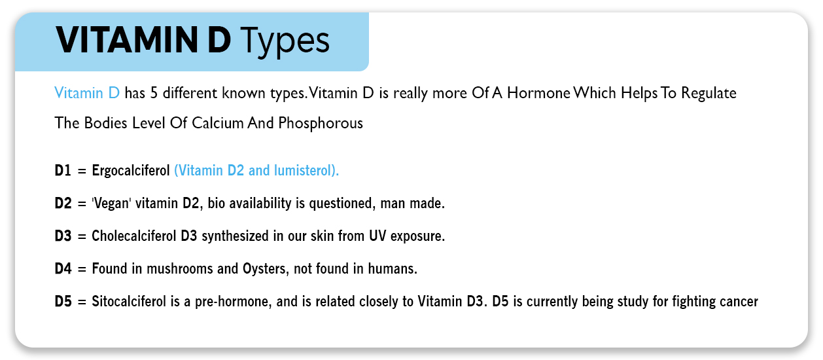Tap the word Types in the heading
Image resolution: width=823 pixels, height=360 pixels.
click(x=285, y=41)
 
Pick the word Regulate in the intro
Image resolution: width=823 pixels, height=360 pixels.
click(x=709, y=93)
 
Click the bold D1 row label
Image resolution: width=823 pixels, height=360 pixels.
click(x=63, y=171)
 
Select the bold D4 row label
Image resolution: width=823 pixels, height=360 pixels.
click(x=63, y=269)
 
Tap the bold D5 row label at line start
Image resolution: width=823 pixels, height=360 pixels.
click(x=63, y=302)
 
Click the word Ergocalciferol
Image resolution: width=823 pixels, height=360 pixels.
click(x=131, y=171)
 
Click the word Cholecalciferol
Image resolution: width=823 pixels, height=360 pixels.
click(x=135, y=236)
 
